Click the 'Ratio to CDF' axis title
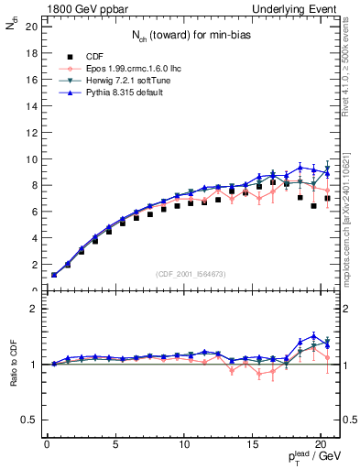[x=13, y=366]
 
